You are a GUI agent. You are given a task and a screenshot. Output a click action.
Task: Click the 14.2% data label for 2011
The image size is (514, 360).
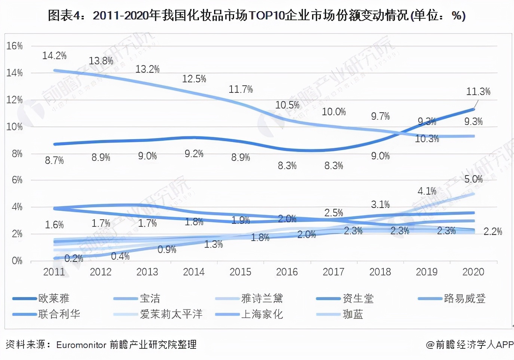coord(54,56)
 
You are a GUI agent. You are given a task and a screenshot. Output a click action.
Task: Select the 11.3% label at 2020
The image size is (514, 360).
coord(478,91)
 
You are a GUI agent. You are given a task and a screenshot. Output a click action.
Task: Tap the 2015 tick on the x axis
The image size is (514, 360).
coord(240,272)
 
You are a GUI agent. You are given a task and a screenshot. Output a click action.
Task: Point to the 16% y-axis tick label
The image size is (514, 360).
coord(14,46)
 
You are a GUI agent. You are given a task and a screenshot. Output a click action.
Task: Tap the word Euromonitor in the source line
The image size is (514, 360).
coord(81,345)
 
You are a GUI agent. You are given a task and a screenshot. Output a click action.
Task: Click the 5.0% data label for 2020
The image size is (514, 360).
coord(473,179)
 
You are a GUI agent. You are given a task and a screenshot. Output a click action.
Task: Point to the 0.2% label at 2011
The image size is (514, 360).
coord(74,258)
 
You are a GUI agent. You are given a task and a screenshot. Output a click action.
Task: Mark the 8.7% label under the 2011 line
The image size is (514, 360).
coord(54,161)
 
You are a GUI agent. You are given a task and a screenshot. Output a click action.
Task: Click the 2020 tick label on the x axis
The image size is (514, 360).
coord(473,272)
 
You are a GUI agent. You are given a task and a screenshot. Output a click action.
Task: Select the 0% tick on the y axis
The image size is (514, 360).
coord(17,260)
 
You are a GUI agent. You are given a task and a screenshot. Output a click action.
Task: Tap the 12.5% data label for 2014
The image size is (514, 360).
coord(194,79)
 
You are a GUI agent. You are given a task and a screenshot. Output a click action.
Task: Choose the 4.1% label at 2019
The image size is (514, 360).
coord(427,191)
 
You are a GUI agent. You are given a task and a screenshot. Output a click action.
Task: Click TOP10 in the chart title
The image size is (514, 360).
coord(266,15)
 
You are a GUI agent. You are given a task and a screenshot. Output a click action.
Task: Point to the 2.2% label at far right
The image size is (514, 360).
coord(492,232)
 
